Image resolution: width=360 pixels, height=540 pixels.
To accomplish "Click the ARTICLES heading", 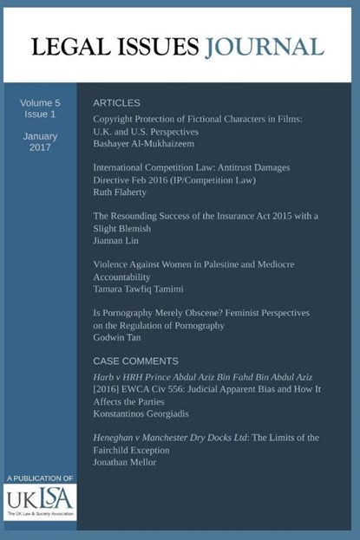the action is click(116, 102).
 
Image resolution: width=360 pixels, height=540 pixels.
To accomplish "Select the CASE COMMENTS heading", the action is click(135, 361).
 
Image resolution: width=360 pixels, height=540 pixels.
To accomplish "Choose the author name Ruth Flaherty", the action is click(122, 194).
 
